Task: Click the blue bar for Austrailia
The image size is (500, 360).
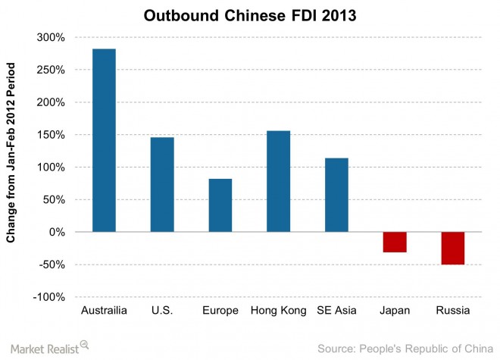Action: pyautogui.click(x=104, y=140)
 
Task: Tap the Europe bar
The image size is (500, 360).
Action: pyautogui.click(x=220, y=205)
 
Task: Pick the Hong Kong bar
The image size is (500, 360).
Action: pyautogui.click(x=278, y=181)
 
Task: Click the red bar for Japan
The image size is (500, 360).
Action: pyautogui.click(x=395, y=242)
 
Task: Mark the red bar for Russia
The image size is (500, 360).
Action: pyautogui.click(x=452, y=248)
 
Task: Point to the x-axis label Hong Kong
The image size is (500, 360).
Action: pyautogui.click(x=278, y=311)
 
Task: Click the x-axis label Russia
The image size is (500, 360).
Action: pyautogui.click(x=452, y=311)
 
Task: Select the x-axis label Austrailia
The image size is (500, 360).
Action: pyautogui.click(x=104, y=311)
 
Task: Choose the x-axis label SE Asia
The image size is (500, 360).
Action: pyautogui.click(x=336, y=311)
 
